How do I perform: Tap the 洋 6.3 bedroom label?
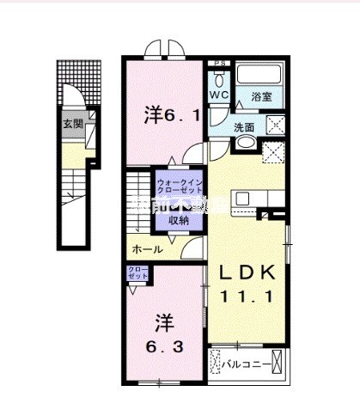pos(165,334)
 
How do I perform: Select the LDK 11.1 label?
pos(246,285)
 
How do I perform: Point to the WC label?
pos(219,96)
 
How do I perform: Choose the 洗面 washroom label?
pos(246,127)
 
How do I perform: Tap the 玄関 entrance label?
pos(73,123)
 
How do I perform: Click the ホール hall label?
pos(147,249)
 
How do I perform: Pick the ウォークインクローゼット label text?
pos(179,187)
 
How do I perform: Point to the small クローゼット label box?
pos(137,275)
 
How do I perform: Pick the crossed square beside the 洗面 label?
pos(276,125)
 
